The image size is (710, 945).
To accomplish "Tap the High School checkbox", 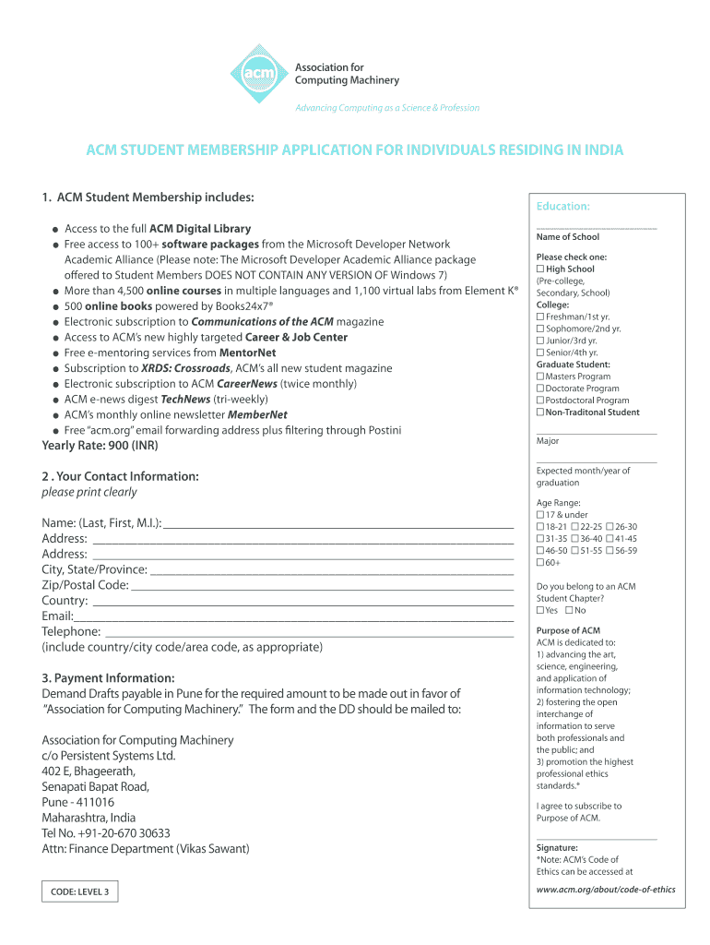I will click(540, 269).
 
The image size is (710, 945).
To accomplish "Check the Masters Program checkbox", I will click(540, 377).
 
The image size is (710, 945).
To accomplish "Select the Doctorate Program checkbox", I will click(540, 389).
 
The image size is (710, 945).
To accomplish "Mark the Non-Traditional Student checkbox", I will click(540, 413).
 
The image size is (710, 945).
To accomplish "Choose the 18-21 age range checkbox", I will click(540, 527).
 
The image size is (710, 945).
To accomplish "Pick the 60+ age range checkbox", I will click(540, 563).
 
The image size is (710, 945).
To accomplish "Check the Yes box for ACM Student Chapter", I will click(540, 611).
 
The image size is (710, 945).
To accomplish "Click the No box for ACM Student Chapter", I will click(570, 611).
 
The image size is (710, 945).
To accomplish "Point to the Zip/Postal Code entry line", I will click(323, 585).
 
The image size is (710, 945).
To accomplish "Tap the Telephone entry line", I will click(309, 632).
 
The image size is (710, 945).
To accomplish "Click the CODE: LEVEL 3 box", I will click(80, 891).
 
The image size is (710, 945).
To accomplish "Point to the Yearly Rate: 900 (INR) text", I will click(100, 446).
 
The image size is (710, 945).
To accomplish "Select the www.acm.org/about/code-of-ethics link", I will click(606, 890).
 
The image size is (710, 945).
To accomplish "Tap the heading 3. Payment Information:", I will click(108, 678).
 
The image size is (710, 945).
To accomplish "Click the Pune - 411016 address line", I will click(78, 803).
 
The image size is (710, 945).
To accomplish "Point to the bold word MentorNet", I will click(247, 353).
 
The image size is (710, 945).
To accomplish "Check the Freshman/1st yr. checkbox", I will click(540, 317).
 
